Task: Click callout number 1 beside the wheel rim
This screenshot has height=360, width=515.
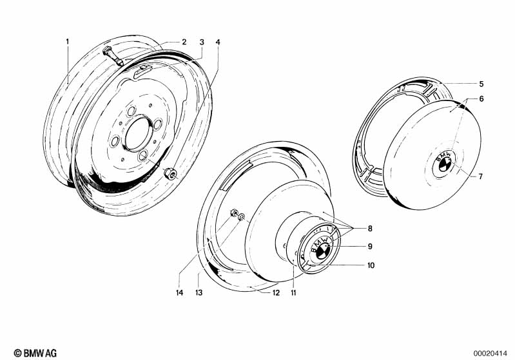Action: (x=68, y=42)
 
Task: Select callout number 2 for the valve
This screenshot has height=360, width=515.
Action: (x=184, y=42)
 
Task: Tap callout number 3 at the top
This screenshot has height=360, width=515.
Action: (x=202, y=42)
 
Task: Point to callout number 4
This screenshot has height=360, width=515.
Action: (x=218, y=42)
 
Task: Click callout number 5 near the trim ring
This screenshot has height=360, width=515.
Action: (x=481, y=84)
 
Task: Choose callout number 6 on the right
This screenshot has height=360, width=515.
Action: (x=481, y=99)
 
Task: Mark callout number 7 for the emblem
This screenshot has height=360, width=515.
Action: (x=480, y=176)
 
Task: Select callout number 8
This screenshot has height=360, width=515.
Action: (x=370, y=229)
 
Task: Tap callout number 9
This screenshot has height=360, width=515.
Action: (x=370, y=246)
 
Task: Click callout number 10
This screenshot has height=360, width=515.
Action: (x=371, y=265)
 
